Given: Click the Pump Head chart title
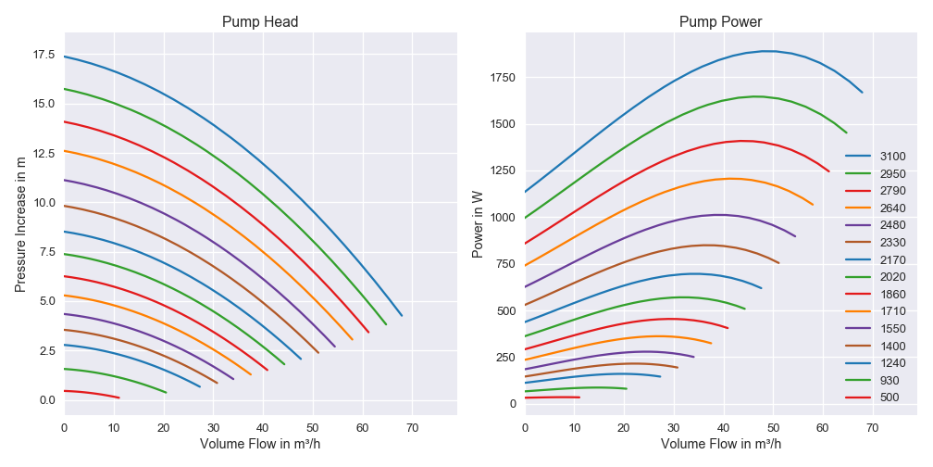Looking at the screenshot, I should [x=260, y=21].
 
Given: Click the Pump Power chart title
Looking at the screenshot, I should [x=721, y=21].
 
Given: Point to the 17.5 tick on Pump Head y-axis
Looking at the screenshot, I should [x=43, y=55].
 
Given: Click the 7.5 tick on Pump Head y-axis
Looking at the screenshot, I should [x=46, y=252].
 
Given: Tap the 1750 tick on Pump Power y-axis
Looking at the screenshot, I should [x=502, y=77].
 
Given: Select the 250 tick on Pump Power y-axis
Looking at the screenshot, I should [x=505, y=358].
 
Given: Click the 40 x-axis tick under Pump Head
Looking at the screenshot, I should [x=263, y=428].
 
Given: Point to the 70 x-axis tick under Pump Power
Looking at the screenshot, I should [x=873, y=428].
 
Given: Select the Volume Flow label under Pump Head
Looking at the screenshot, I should [x=260, y=444].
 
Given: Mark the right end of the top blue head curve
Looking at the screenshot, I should [x=402, y=316].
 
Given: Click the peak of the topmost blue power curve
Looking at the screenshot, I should [x=768, y=51].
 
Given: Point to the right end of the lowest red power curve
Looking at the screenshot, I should [x=579, y=398].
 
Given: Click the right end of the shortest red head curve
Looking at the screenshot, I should [x=119, y=398].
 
